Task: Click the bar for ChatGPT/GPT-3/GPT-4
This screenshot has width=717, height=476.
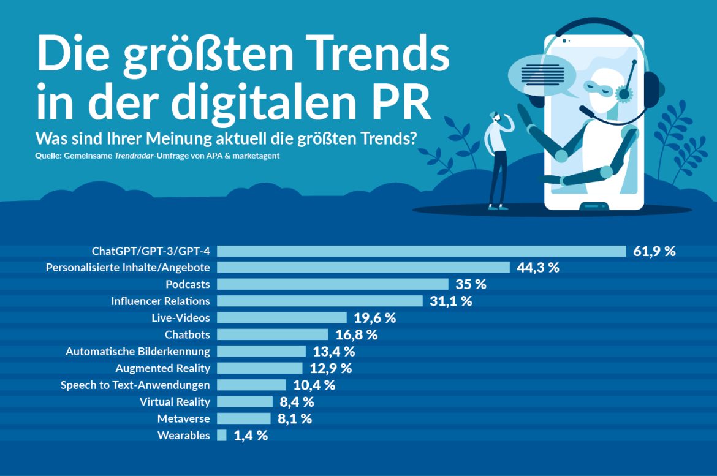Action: [x=422, y=251]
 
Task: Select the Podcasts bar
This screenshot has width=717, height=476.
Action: [x=333, y=284]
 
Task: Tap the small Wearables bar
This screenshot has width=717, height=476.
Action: [x=222, y=436]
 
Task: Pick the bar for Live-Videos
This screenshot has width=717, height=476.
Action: [x=282, y=318]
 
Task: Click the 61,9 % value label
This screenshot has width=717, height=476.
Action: [x=654, y=251]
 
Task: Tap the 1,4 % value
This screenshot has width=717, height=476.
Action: [x=251, y=436]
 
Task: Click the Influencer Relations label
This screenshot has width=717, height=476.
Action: [x=161, y=301]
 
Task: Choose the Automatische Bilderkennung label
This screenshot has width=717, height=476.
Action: [x=138, y=352]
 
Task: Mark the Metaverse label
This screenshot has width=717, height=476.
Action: [x=183, y=419]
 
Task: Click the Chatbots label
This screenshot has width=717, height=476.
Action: [x=187, y=335]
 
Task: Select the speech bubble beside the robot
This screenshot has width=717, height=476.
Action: [x=542, y=76]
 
